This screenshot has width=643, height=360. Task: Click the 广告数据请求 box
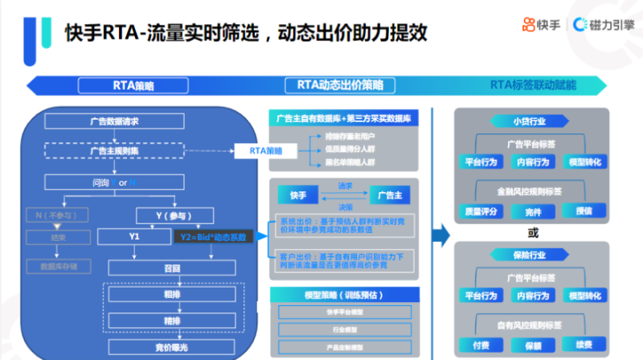pos(114,121)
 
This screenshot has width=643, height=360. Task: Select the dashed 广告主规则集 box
pos(114,150)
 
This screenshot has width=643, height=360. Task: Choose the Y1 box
pos(133,236)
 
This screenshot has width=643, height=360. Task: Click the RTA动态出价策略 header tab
pos(340,84)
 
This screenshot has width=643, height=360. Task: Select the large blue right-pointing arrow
pos(440,235)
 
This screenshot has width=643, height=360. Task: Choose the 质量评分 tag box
pos(481,211)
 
